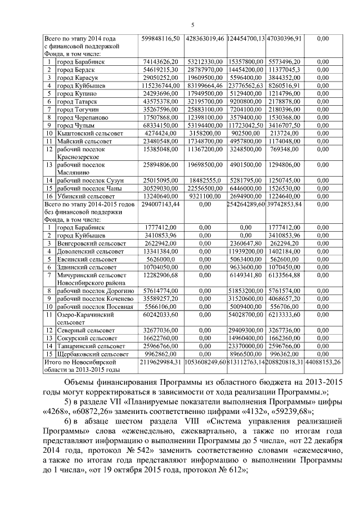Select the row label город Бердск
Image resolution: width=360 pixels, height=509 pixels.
[x=74, y=69]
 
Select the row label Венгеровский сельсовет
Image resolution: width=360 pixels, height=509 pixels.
[x=89, y=244]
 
